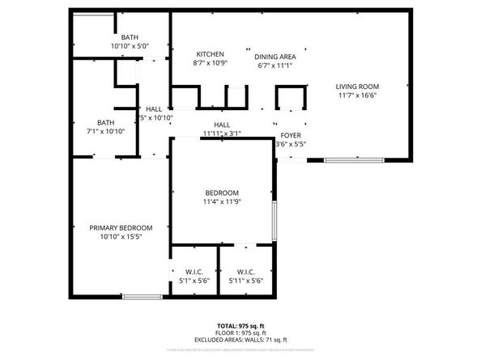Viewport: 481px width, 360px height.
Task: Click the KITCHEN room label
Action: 209,54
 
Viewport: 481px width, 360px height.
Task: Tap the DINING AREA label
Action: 275,57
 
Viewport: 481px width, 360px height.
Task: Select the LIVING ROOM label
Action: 358,87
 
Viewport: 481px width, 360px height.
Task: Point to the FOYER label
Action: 291,135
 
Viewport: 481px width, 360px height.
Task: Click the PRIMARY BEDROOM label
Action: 121,228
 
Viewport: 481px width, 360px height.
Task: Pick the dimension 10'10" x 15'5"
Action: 121,237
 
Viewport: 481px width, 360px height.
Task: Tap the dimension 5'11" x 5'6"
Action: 245,281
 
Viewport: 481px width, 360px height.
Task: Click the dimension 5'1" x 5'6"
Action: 194,281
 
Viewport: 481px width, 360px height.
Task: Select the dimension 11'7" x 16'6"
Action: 358,95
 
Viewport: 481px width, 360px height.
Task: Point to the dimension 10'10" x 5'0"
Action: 130,46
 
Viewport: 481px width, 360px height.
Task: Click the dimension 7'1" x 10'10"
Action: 106,130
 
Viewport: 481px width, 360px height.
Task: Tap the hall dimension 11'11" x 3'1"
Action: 222,133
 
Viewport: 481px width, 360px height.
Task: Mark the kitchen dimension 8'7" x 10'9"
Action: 209,63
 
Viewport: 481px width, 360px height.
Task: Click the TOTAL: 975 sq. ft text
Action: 240,324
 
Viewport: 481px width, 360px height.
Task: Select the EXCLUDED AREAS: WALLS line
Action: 240,340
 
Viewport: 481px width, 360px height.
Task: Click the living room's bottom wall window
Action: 354,160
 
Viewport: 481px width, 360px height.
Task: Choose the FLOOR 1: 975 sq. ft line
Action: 240,332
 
